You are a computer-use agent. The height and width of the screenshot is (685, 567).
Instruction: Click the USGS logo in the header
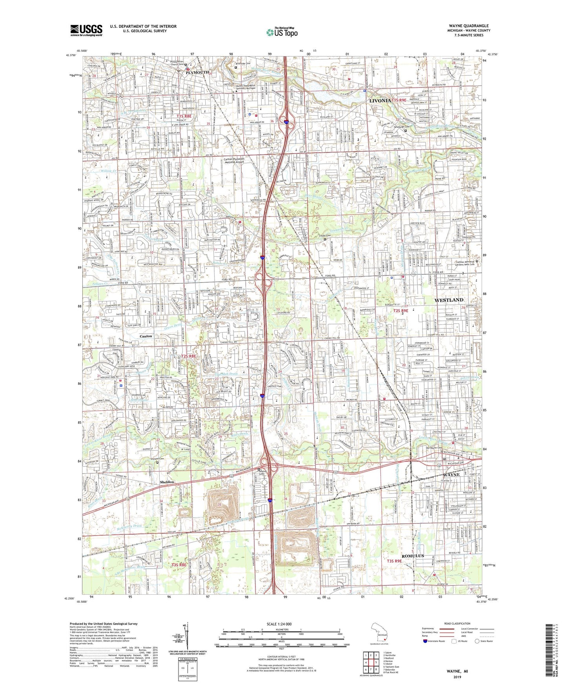point(86,30)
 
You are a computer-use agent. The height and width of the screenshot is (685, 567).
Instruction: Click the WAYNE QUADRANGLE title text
point(469,26)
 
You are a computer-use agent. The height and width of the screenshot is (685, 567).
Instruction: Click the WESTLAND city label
point(449,300)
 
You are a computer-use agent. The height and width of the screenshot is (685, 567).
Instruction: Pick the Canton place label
point(146,336)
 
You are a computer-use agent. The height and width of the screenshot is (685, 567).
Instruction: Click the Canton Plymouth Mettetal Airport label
point(234,161)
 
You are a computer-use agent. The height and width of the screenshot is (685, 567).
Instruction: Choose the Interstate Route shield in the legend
point(426,641)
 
